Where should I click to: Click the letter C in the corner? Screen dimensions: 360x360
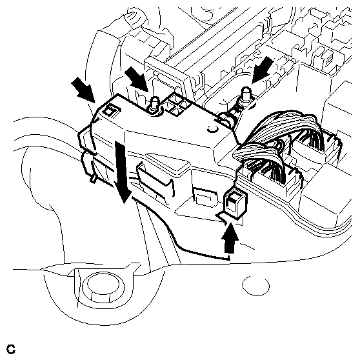tap(11, 349)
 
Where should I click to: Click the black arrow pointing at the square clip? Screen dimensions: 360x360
tap(83, 90)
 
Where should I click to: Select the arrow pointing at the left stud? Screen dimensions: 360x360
tap(136, 79)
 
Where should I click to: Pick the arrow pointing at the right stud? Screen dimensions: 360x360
tap(263, 70)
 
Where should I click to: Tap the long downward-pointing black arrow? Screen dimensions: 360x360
tap(123, 172)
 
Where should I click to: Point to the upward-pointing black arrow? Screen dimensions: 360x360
tap(230, 238)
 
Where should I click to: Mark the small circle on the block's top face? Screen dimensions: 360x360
tap(213, 129)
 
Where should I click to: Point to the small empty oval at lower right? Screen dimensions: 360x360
tap(255, 285)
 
